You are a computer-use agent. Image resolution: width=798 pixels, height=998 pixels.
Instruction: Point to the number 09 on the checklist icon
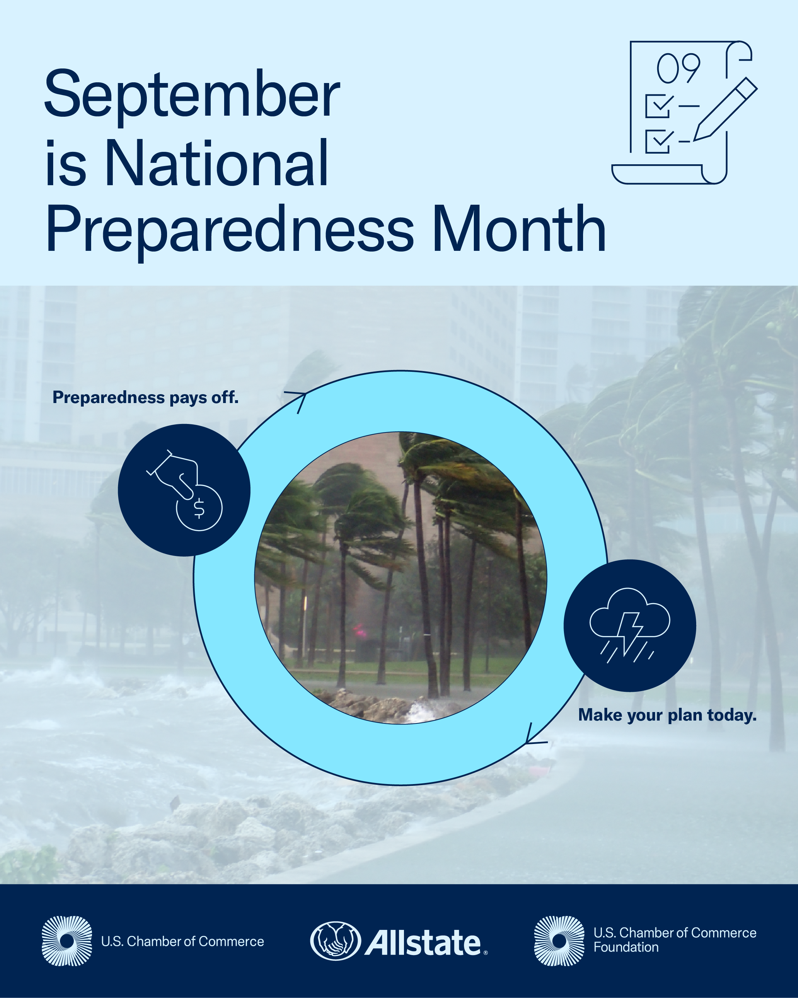[678, 69]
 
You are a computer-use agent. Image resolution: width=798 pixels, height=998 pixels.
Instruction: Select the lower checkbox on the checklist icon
[658, 141]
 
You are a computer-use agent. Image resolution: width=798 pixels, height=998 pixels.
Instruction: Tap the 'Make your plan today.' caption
[667, 715]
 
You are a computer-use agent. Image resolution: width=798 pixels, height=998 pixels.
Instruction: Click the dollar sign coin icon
[199, 508]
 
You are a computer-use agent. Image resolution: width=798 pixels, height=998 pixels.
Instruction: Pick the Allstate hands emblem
[335, 941]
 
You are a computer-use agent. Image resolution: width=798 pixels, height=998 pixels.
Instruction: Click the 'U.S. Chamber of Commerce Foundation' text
[675, 940]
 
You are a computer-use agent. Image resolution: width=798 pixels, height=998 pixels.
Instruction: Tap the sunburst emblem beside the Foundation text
[559, 941]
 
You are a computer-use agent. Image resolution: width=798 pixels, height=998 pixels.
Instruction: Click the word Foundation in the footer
[626, 948]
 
